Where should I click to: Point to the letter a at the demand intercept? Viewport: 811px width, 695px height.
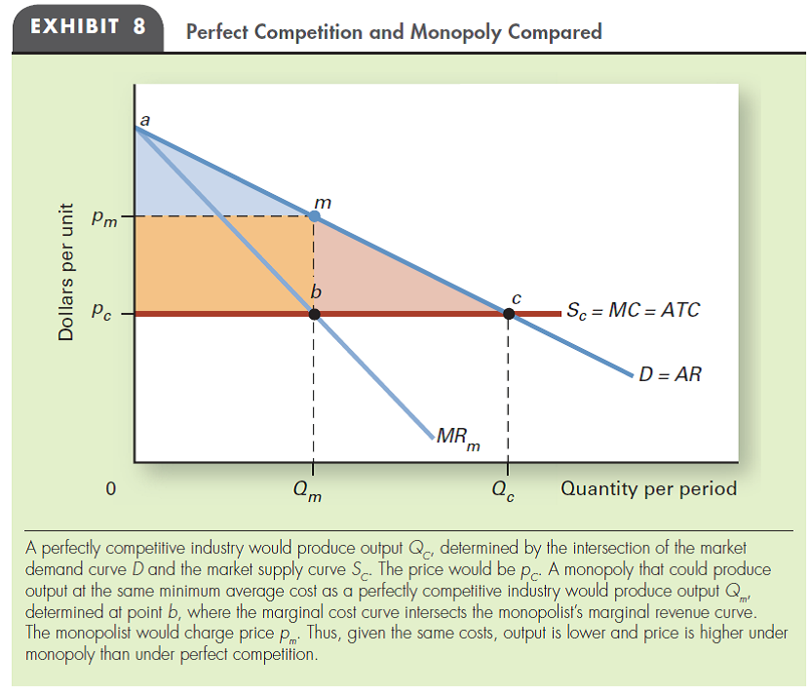click(144, 118)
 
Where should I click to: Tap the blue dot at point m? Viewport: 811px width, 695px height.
click(313, 215)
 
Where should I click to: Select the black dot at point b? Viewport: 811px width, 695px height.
click(313, 313)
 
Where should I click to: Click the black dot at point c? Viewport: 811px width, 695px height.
click(508, 313)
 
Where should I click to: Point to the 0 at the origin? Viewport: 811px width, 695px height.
click(111, 488)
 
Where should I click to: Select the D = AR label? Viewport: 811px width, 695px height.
click(670, 374)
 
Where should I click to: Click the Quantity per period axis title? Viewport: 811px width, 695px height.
click(648, 487)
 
